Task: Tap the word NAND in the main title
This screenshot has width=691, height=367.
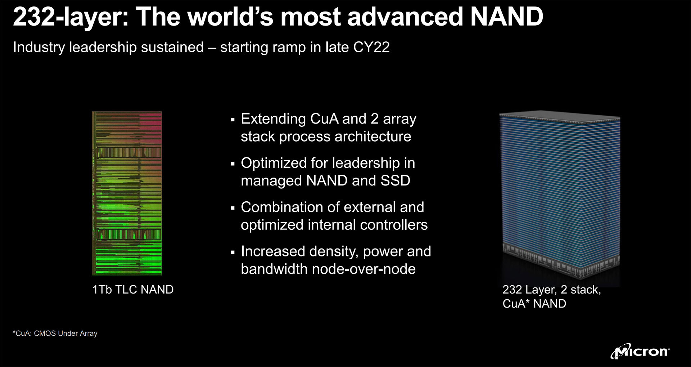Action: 506,17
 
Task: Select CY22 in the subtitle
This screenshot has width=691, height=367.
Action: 371,47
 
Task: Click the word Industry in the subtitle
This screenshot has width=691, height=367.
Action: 39,48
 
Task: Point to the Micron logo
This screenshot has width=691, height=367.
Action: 640,351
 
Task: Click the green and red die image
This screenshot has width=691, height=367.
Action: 127,193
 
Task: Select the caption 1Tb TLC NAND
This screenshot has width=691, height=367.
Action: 133,290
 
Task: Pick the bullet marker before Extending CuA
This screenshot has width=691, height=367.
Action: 233,120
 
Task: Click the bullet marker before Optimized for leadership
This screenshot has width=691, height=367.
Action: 233,164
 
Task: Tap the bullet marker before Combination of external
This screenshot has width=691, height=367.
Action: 233,208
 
